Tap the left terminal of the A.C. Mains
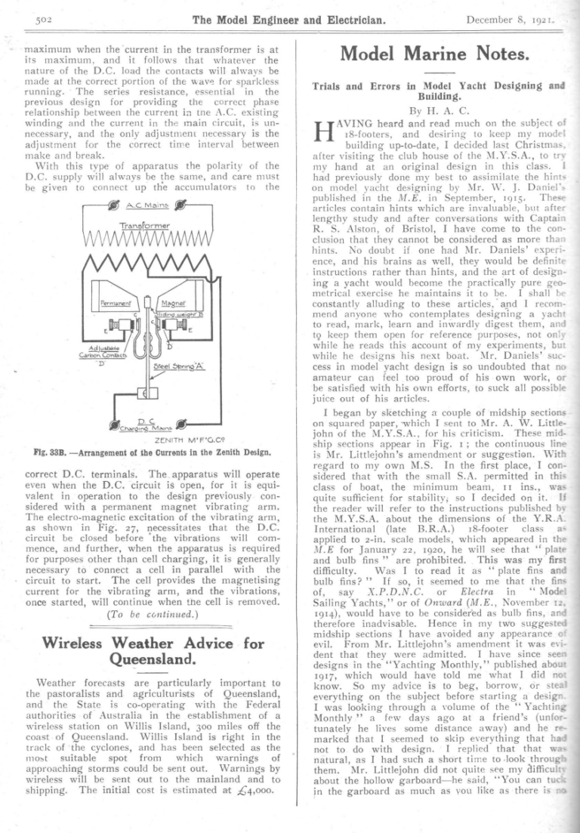coord(115,204)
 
